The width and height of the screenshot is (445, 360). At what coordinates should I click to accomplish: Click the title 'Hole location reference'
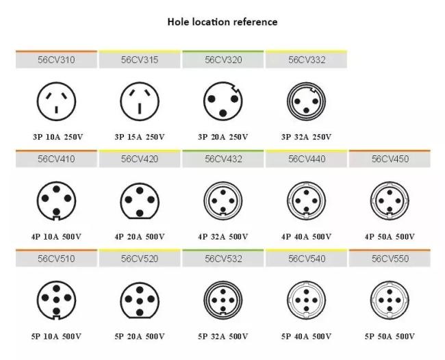click(222, 22)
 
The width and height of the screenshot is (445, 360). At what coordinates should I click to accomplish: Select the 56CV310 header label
click(57, 60)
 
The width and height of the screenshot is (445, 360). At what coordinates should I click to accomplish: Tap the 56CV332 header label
click(306, 60)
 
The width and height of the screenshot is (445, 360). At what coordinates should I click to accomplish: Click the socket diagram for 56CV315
click(140, 101)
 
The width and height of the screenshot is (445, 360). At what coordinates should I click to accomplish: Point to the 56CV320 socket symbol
click(222, 101)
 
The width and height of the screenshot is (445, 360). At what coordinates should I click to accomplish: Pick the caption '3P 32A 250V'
click(306, 137)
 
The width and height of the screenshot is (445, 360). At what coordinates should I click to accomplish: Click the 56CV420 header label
click(140, 159)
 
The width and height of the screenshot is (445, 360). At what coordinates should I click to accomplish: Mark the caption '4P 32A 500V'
click(222, 237)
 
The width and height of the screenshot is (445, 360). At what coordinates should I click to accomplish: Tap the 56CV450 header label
click(390, 159)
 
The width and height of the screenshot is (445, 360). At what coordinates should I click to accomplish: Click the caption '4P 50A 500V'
click(390, 237)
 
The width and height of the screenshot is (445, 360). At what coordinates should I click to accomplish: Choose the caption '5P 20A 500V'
click(140, 336)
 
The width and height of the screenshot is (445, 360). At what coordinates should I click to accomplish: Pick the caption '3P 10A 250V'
click(57, 137)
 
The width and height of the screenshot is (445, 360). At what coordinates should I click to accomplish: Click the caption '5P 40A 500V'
click(306, 336)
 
